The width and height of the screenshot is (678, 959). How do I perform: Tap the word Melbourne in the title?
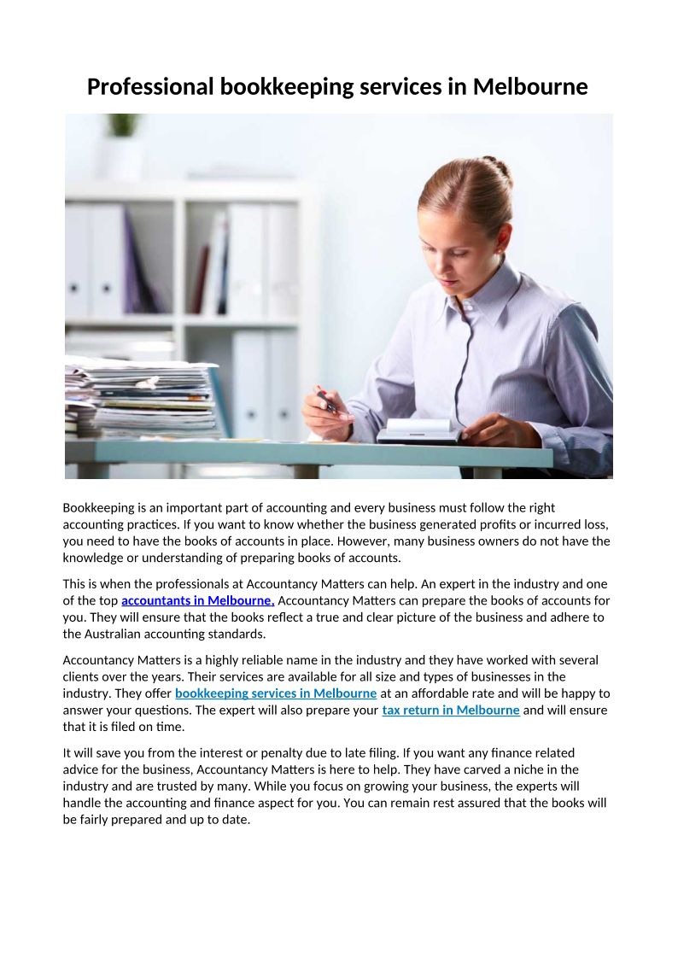click(x=529, y=87)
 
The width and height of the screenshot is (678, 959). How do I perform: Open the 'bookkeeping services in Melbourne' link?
click(x=276, y=693)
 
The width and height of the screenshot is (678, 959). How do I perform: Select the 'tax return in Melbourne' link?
click(x=451, y=710)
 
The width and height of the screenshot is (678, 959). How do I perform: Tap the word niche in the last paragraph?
click(x=530, y=769)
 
